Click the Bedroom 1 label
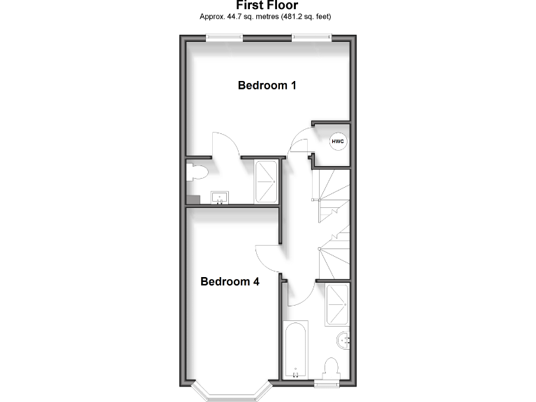point(267,86)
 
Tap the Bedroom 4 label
point(230,282)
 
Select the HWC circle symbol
point(338,142)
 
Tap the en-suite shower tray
point(266,182)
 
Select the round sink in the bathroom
point(343,341)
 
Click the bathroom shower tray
point(338,304)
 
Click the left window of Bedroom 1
point(224,38)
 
